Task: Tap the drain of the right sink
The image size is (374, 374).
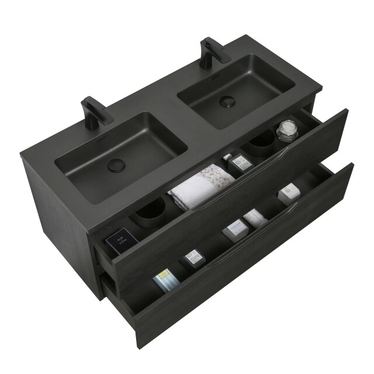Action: click(227, 101)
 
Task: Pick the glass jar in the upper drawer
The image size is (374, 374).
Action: click(286, 131)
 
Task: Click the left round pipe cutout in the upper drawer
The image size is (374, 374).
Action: click(151, 212)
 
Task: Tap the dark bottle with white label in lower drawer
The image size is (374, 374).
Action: click(191, 258)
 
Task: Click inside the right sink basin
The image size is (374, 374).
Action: click(234, 88)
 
